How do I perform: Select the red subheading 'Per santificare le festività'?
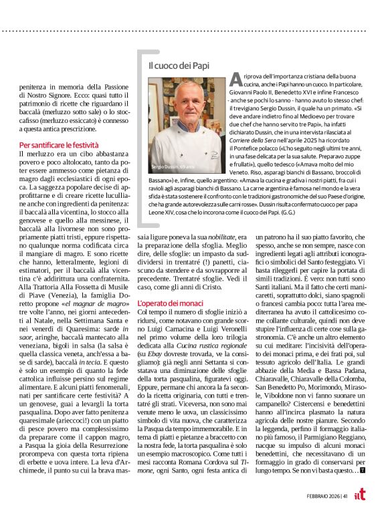(59, 145)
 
